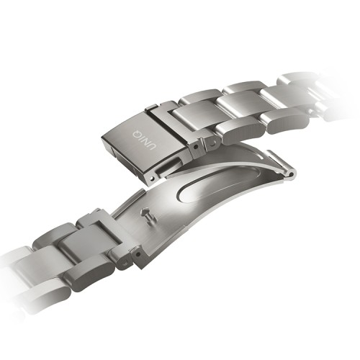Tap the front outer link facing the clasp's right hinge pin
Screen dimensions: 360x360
(238, 130)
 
